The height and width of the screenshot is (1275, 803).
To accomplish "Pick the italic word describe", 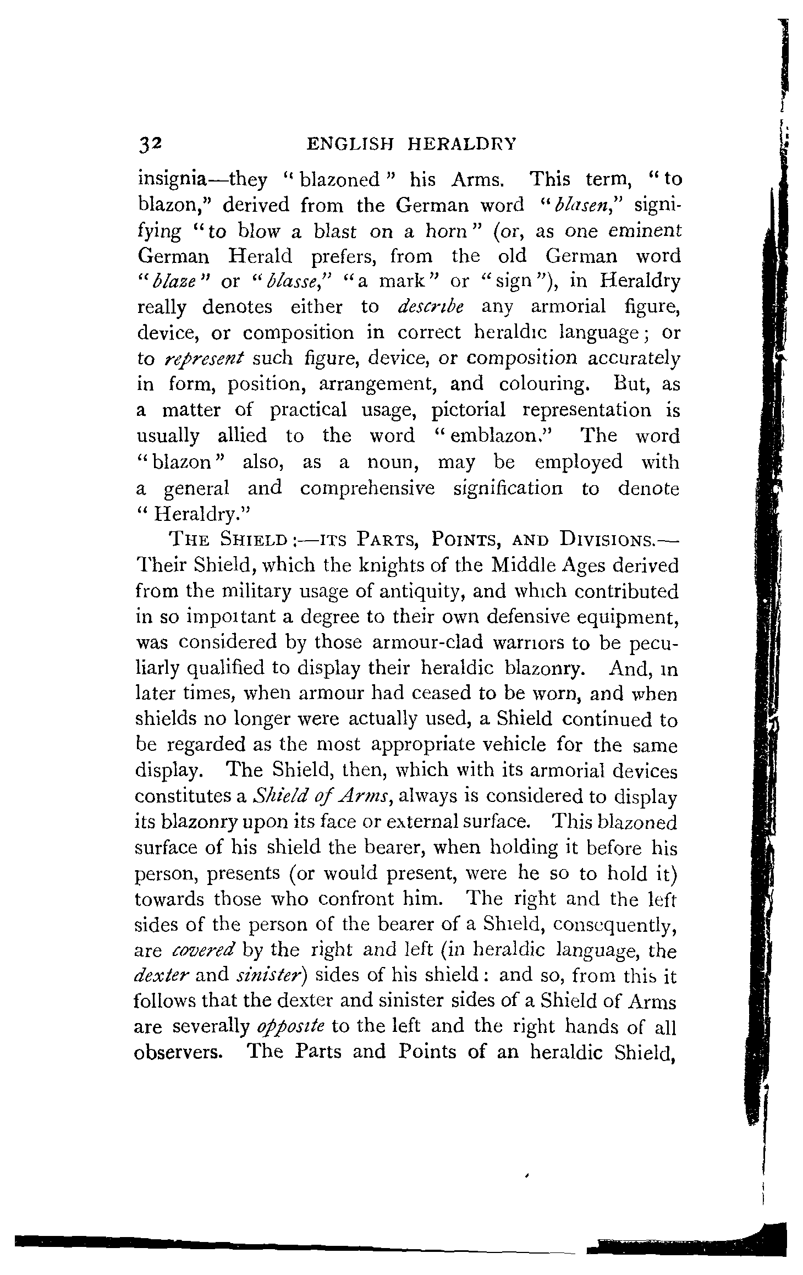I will [430, 307].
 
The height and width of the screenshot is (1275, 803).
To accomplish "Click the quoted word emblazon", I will [489, 436].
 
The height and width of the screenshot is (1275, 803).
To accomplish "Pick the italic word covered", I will [205, 950].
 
